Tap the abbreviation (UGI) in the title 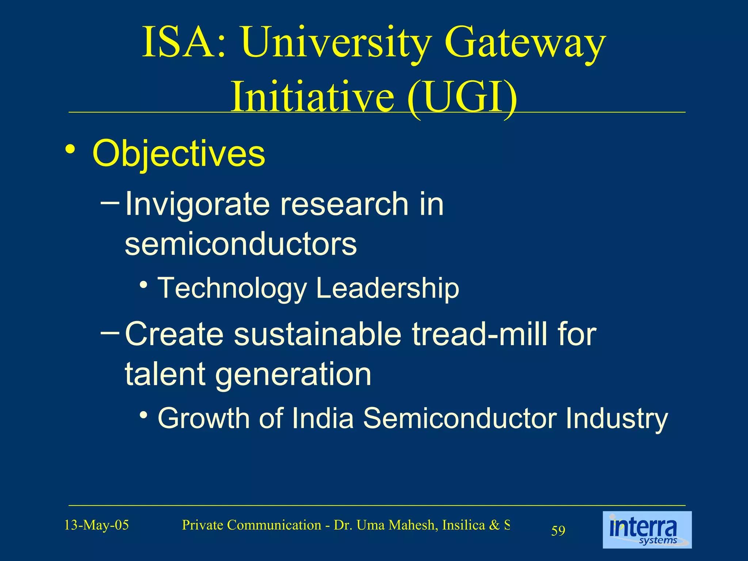pyautogui.click(x=462, y=98)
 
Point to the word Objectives pyautogui.click(x=179, y=154)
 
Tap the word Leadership pyautogui.click(x=388, y=288)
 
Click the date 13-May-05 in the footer pyautogui.click(x=96, y=525)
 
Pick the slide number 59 pyautogui.click(x=558, y=531)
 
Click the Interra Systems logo pyautogui.click(x=647, y=530)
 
